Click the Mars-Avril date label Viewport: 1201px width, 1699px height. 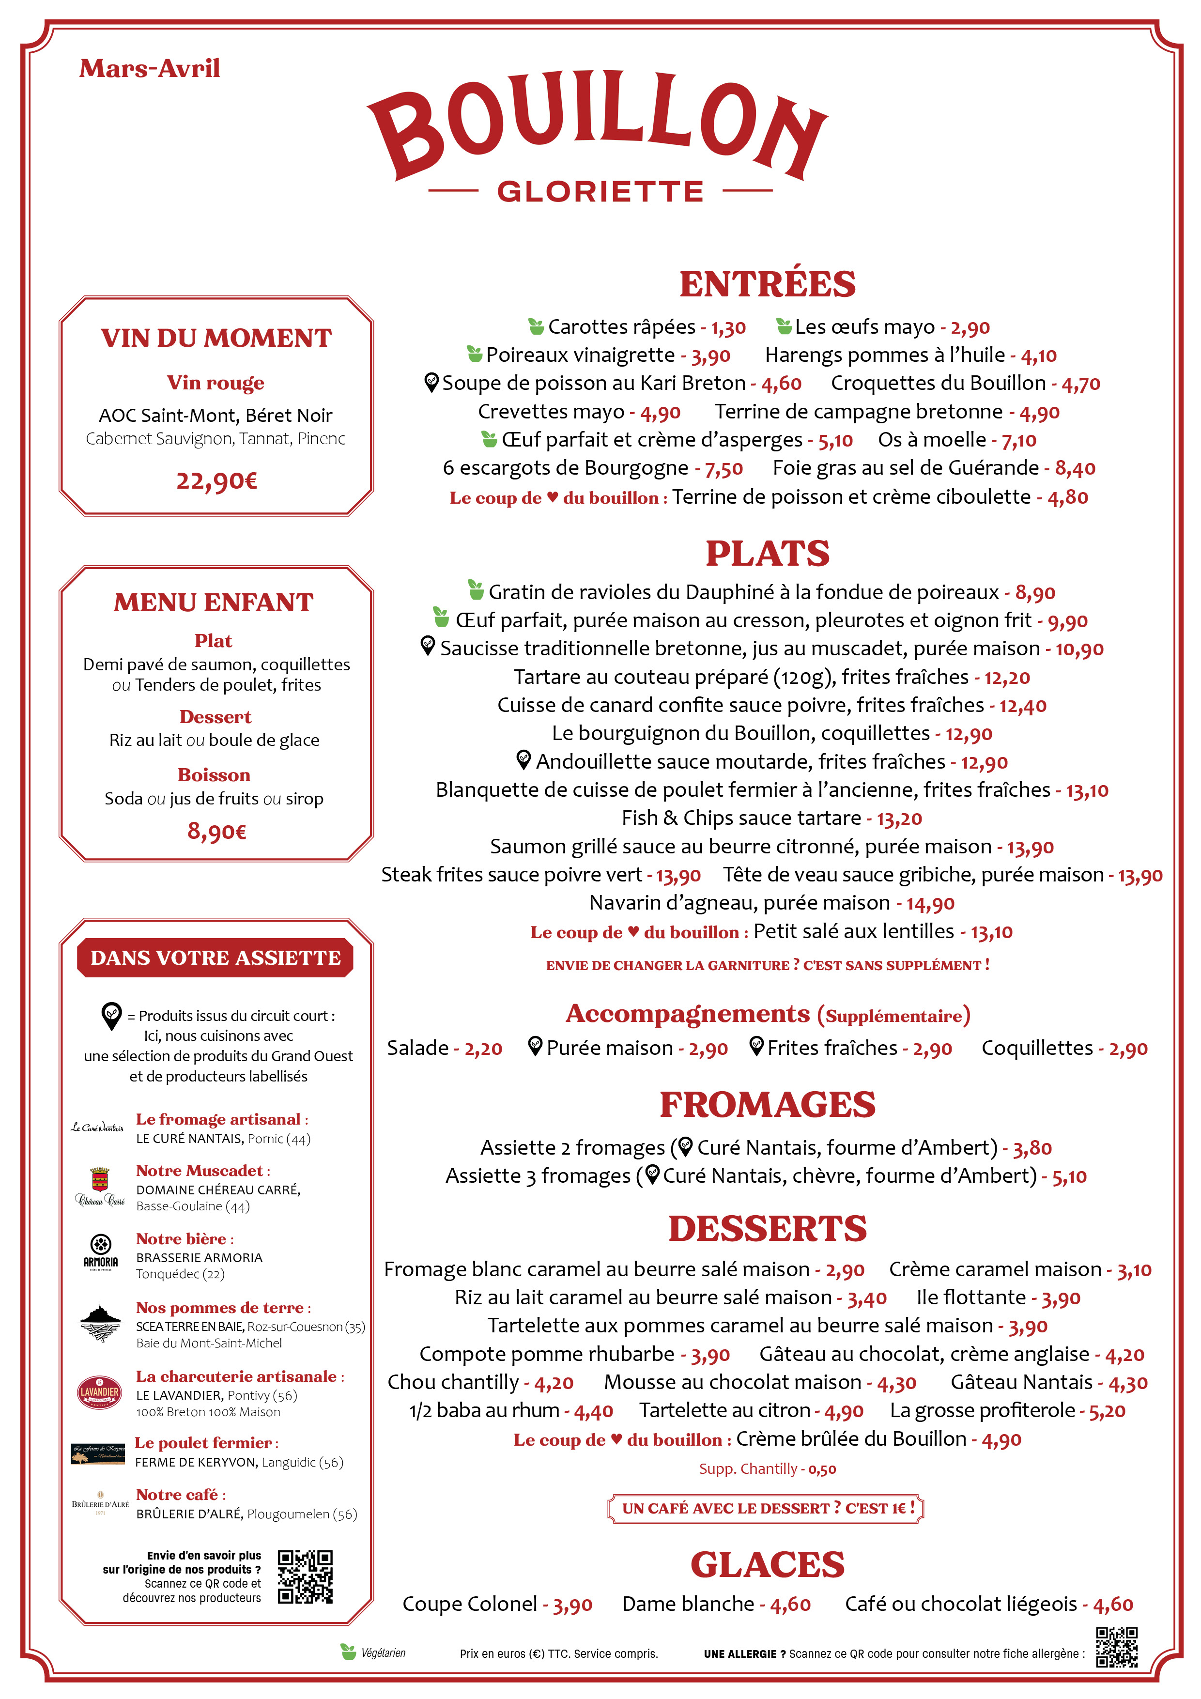click(150, 69)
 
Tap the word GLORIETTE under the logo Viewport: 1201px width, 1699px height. click(600, 192)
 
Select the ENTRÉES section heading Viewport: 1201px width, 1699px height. click(768, 285)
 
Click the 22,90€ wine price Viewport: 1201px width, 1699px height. click(216, 481)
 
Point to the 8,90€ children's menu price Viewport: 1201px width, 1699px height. click(216, 831)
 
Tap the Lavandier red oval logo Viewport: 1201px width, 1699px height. click(100, 1392)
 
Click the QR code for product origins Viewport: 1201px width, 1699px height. click(305, 1577)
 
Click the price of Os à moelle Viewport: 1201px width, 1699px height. click(1019, 441)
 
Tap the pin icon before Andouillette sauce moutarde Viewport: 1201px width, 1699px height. click(523, 759)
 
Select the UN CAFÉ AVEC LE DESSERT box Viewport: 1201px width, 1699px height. click(766, 1508)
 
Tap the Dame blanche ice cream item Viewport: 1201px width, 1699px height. click(688, 1604)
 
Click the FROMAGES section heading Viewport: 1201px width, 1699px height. click(768, 1105)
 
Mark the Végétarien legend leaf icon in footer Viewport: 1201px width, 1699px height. click(348, 1652)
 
